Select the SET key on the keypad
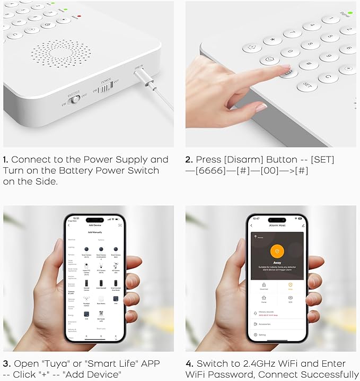(307, 85)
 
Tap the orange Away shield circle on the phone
(277, 252)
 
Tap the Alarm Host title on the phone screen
(277, 226)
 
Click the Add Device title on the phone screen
(95, 226)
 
